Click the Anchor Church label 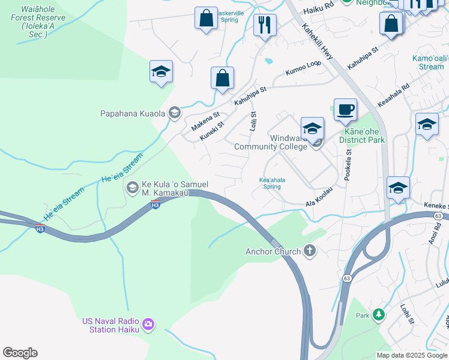tap(273, 251)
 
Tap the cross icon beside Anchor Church tap(310, 250)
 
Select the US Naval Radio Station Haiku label tap(111, 325)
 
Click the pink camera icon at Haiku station tap(148, 325)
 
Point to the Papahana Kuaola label tap(134, 113)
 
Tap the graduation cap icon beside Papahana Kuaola tap(175, 112)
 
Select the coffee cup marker tap(345, 110)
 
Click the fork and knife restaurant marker tap(265, 25)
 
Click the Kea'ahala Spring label tap(272, 183)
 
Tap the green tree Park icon tap(378, 314)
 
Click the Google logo tap(20, 353)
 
